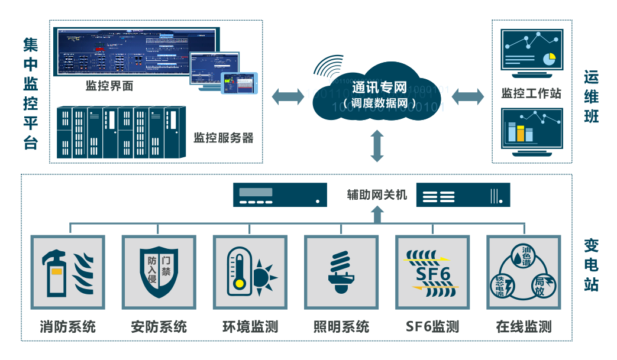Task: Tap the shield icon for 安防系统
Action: point(159,272)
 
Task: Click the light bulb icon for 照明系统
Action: point(341,272)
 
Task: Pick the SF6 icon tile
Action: point(432,272)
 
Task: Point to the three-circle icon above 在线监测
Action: point(523,272)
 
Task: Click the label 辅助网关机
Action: point(377,194)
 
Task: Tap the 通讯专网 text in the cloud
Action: point(379,88)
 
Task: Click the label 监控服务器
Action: point(223,138)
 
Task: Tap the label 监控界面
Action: point(109,86)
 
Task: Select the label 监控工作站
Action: point(531,93)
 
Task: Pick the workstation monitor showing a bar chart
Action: point(530,131)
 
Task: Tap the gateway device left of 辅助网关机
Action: point(280,194)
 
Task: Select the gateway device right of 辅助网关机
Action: point(463,194)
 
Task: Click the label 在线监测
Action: point(524,327)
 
